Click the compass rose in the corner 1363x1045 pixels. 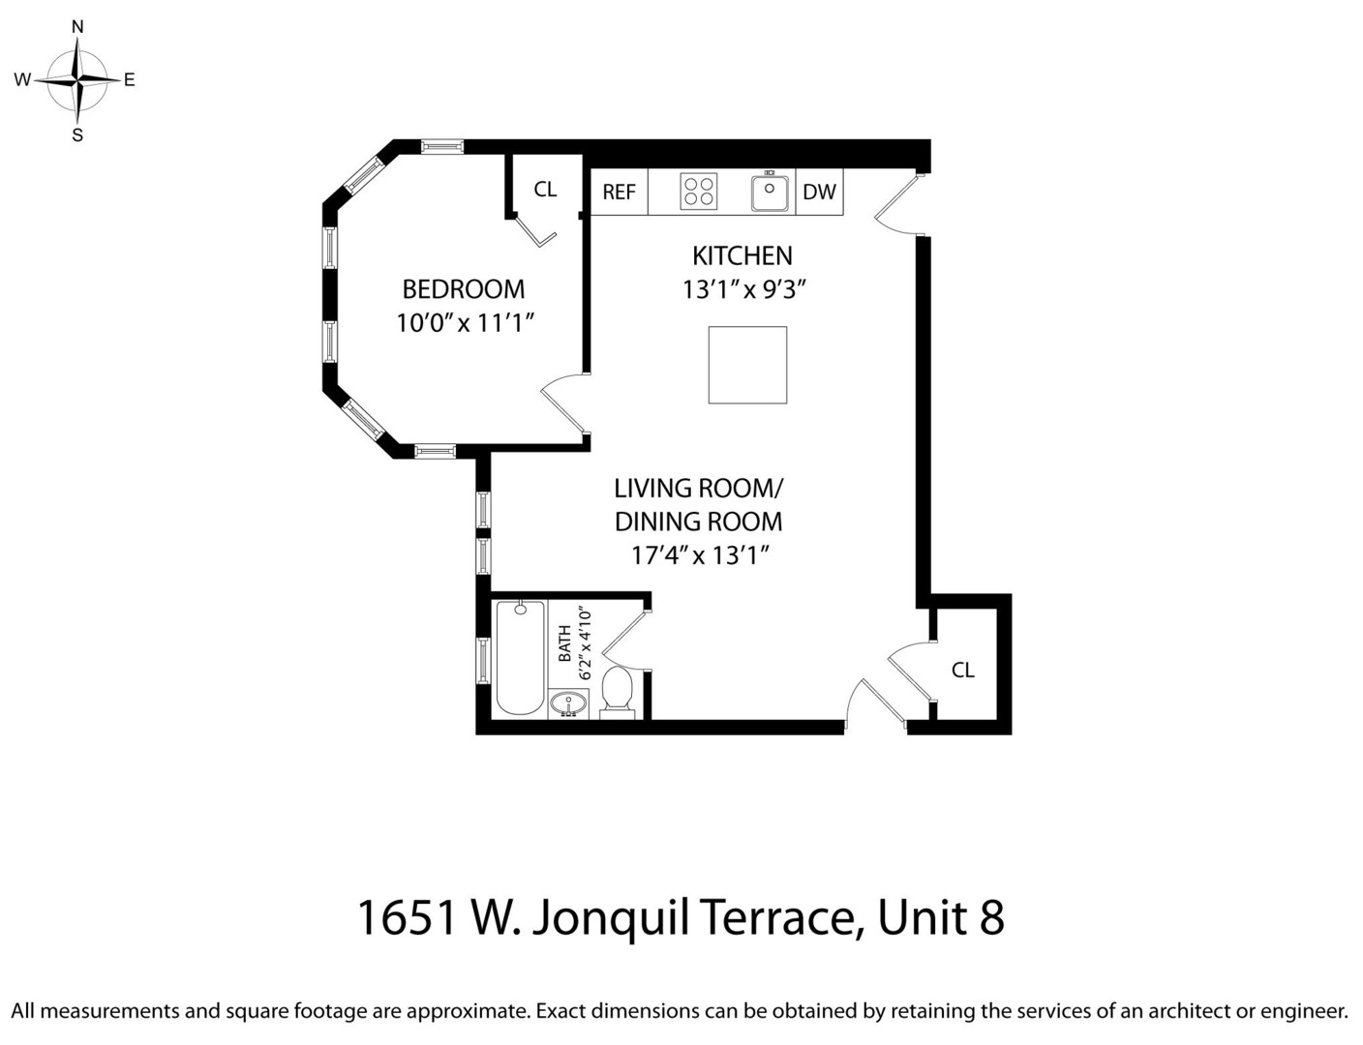point(77,80)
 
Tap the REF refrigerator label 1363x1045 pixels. point(619,192)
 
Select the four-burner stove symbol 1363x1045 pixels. point(698,192)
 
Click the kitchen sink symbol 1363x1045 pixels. point(770,192)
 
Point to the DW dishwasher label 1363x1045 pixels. point(819,192)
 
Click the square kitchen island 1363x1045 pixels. point(747,365)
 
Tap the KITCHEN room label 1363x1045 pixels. point(742,255)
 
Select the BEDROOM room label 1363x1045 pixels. point(463,288)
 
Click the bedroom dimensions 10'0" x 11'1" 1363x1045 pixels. point(465,323)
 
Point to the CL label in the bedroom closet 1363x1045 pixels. point(545,189)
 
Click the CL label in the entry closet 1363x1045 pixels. point(962,670)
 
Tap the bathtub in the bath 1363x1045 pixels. point(520,658)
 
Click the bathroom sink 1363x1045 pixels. point(568,704)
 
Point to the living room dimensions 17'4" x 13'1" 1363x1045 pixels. point(699,555)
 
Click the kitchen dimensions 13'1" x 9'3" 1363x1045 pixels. point(743,289)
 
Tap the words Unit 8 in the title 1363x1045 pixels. point(940,917)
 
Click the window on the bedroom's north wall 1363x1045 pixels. point(442,147)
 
